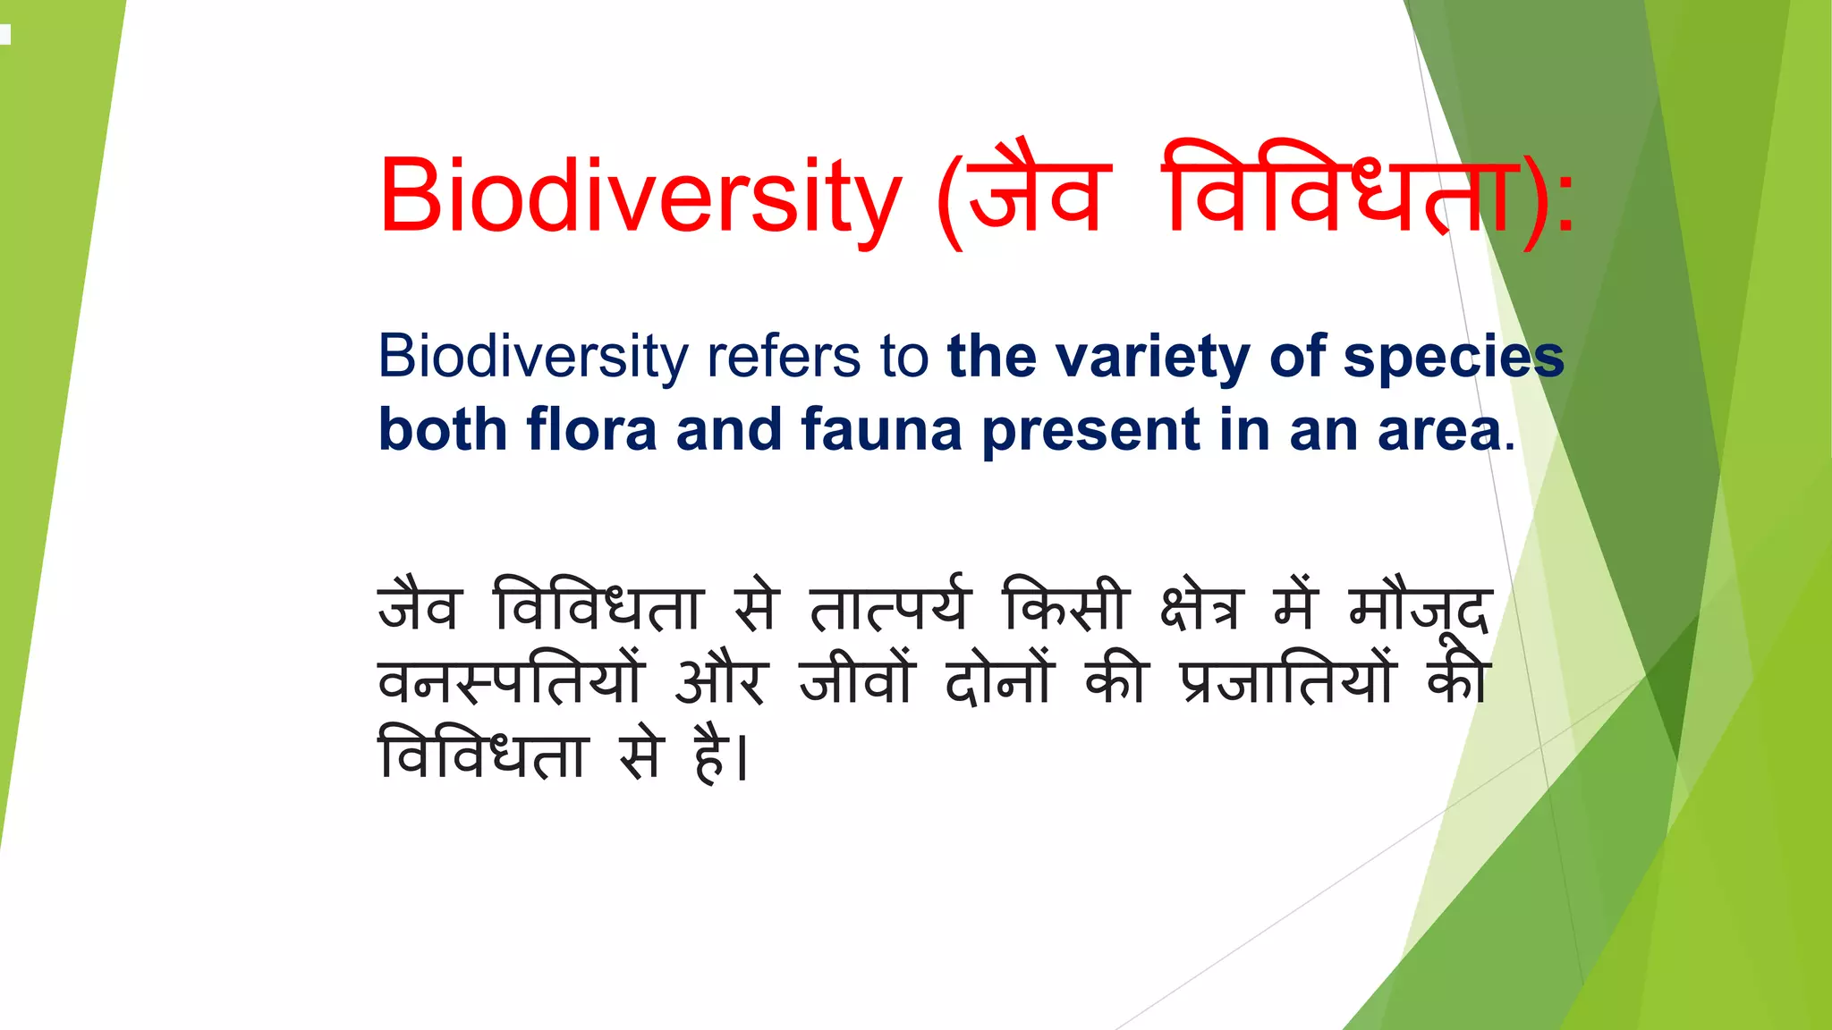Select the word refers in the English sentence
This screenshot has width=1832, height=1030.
pos(784,357)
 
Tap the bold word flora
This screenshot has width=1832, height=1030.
pos(591,430)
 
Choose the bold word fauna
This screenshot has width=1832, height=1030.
pos(881,430)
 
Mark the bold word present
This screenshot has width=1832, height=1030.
pos(1090,432)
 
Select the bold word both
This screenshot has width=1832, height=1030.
pos(443,430)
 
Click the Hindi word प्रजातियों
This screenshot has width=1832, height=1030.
pos(1288,681)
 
